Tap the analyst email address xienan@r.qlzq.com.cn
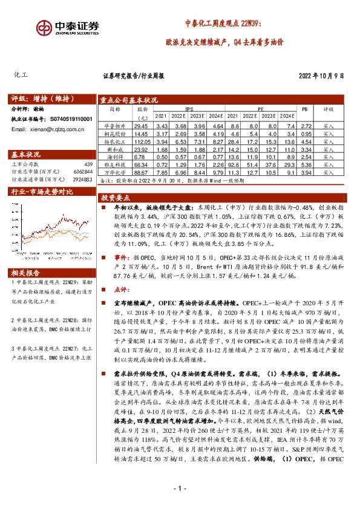pos(46,129)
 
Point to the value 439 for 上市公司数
pos(88,164)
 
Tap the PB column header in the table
pos(304,109)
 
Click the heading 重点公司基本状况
pos(129,100)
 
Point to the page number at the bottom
pos(180,488)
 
